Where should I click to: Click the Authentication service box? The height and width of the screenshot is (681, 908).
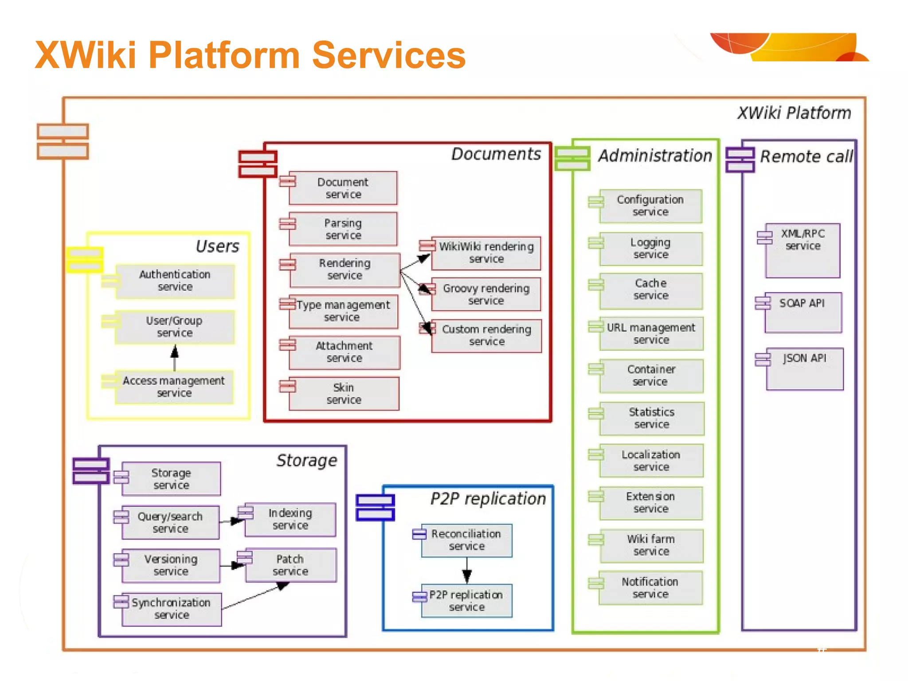175,281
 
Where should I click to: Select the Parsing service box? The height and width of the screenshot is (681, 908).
343,229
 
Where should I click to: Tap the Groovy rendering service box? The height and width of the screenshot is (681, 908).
486,294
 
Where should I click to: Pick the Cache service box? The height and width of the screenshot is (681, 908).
650,290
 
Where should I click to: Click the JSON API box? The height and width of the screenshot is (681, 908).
805,368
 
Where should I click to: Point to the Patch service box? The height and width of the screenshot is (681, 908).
291,565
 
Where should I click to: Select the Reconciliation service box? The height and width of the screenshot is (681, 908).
466,540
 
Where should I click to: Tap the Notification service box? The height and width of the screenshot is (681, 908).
650,588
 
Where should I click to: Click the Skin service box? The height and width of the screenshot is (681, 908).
344,394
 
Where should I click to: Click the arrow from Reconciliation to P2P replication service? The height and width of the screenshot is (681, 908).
467,571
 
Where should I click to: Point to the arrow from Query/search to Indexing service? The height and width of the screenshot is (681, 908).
232,521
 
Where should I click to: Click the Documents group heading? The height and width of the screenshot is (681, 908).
496,154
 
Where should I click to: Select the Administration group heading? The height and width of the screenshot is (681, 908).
655,156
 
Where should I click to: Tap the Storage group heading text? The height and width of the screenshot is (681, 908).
306,460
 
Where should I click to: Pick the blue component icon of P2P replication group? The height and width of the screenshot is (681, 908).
375,507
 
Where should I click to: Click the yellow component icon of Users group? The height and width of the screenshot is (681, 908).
85,259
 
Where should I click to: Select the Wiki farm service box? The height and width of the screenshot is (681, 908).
650,545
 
